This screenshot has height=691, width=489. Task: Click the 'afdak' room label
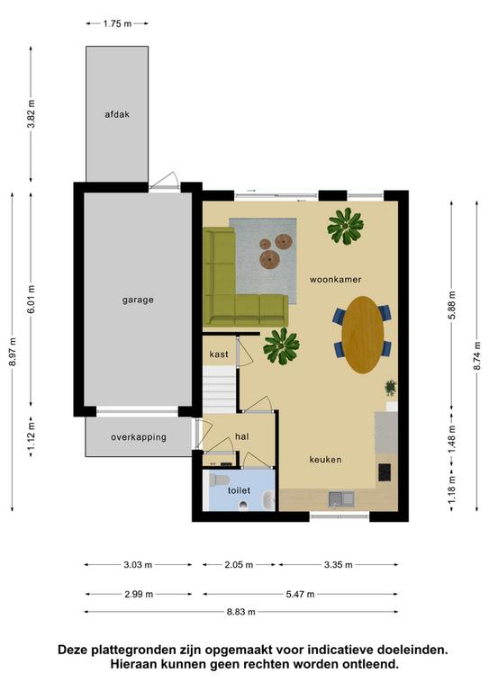117,114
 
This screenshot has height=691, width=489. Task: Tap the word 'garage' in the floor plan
138,301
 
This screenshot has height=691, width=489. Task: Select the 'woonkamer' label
336,280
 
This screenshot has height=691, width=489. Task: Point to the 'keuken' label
325,460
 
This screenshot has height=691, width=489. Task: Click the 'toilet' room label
239,490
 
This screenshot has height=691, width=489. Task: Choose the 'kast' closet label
219,354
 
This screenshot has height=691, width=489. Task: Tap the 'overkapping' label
139,437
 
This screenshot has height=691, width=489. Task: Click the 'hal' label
241,436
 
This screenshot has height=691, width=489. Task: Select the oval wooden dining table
362,335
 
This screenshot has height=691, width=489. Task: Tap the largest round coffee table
269,259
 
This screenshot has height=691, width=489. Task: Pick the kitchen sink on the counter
341,498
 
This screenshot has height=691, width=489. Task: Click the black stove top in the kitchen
385,472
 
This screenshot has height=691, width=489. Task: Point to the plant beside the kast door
281,346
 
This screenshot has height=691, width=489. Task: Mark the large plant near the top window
345,226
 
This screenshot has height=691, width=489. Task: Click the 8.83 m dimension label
240,612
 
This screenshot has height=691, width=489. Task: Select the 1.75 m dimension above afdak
117,23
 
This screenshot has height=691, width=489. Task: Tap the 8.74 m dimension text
477,356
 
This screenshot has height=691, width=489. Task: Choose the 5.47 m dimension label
300,595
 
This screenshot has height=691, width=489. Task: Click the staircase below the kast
219,390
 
